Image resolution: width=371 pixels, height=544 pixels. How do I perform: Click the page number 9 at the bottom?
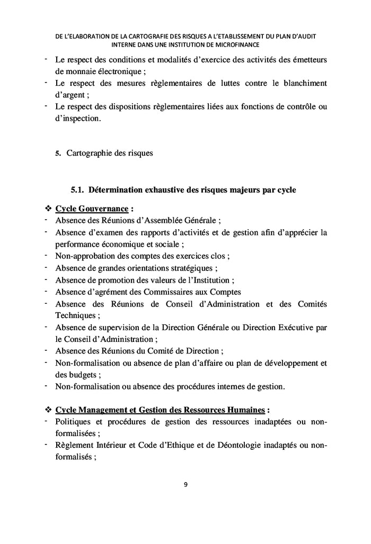[185, 484]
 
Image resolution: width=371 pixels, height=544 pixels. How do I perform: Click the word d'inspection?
[77, 119]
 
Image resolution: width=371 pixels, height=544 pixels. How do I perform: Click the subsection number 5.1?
[78, 189]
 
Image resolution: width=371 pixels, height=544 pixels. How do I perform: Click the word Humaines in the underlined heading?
[243, 410]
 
